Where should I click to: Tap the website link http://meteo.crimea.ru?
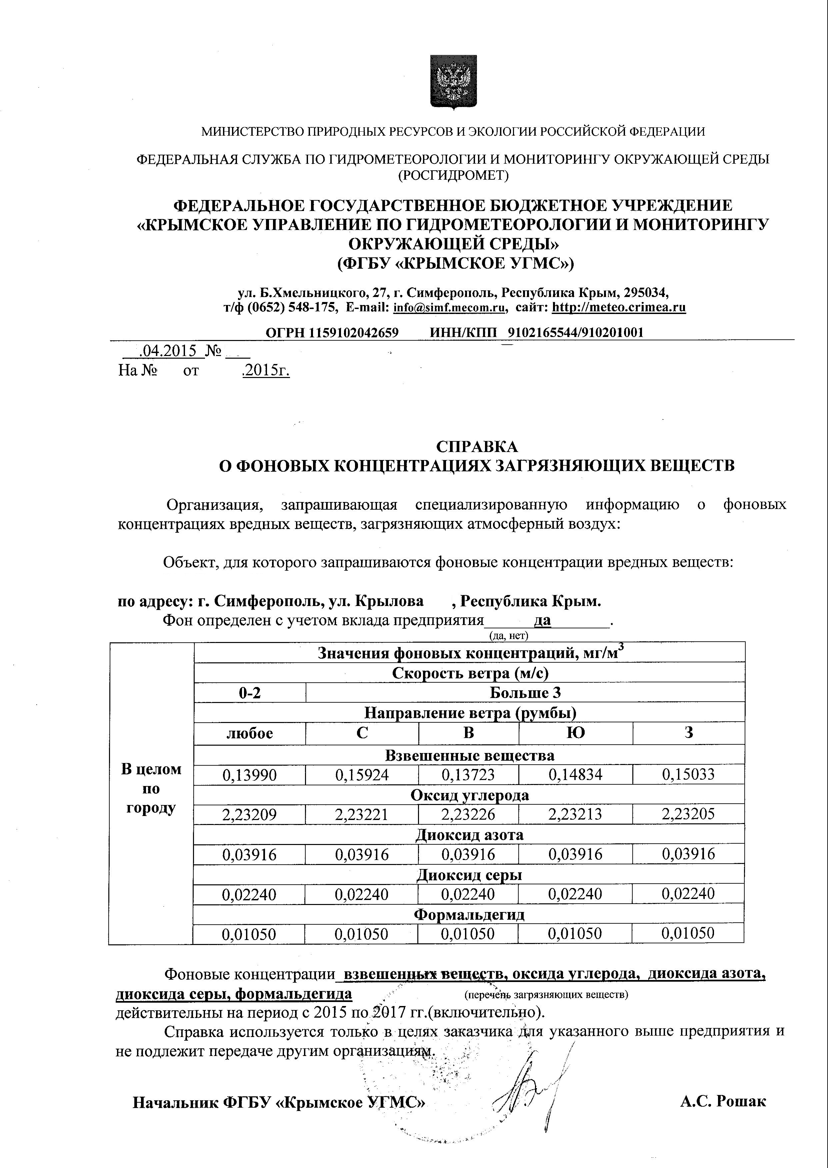pyautogui.click(x=619, y=307)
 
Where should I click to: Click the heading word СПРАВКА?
pyautogui.click(x=477, y=447)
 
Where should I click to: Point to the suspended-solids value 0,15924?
pyautogui.click(x=362, y=775)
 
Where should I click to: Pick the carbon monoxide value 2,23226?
pyautogui.click(x=468, y=814)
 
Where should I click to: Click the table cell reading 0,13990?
pyautogui.click(x=249, y=775)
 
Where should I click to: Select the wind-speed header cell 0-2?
pyautogui.click(x=250, y=693)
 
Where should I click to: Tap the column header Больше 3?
pyautogui.click(x=525, y=693)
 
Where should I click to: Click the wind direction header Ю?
pyautogui.click(x=576, y=733)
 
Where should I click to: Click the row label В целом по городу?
pyautogui.click(x=151, y=788)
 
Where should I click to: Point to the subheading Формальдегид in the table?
pyautogui.click(x=469, y=915)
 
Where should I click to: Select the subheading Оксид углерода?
pyautogui.click(x=469, y=795)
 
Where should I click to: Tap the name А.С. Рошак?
pyautogui.click(x=722, y=1101)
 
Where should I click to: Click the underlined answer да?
pyautogui.click(x=542, y=621)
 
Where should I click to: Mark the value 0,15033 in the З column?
pyautogui.click(x=688, y=775)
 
